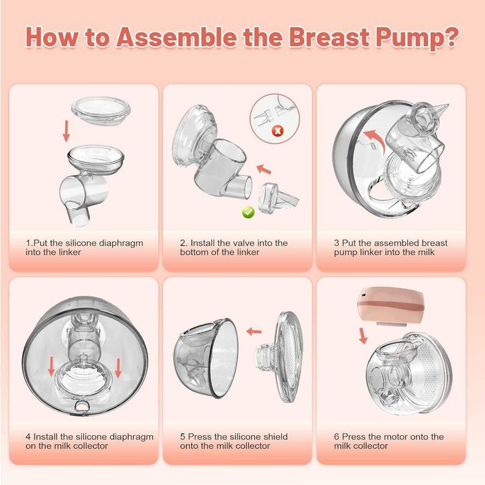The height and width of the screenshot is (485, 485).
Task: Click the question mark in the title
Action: click(x=448, y=37)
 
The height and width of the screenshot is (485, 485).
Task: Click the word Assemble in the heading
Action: click(x=177, y=37)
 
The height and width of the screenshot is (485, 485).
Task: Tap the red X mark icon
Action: click(x=277, y=130)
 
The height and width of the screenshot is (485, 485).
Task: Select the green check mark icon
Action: click(x=248, y=212)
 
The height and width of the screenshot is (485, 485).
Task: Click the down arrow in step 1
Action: click(x=66, y=131)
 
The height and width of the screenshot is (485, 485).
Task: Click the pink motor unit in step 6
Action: click(x=389, y=305)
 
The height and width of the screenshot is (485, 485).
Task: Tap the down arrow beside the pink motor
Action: click(x=363, y=336)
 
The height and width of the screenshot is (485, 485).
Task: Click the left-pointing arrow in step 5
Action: click(x=254, y=332)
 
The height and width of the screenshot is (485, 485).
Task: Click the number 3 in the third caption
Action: click(x=337, y=243)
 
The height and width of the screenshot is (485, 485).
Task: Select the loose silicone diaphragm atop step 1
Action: click(x=101, y=110)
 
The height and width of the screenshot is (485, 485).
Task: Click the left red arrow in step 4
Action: click(x=52, y=367)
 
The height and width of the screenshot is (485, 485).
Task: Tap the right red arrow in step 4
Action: click(x=118, y=368)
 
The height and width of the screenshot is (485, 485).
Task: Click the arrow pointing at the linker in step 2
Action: click(x=264, y=169)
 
